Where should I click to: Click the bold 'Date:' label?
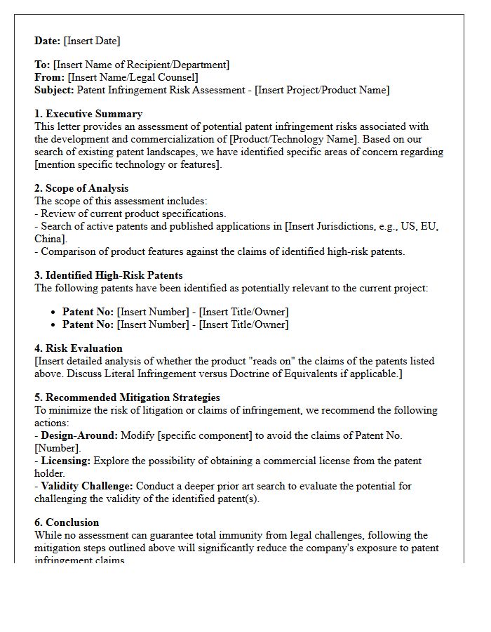point(48,41)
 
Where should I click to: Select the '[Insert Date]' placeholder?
point(92,41)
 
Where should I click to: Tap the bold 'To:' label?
point(42,65)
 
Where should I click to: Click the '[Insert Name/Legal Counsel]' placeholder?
point(133,77)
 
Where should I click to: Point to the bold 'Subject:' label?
point(54,90)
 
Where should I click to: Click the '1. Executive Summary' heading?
point(88,114)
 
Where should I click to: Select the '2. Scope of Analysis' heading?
point(81,188)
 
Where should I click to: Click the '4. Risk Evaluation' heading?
point(79,348)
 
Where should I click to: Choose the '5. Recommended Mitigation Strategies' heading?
point(127,397)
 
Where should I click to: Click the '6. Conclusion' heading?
point(67,522)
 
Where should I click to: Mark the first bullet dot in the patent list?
point(54,312)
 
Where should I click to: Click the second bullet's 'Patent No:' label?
point(88,324)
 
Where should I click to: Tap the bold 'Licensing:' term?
point(66,461)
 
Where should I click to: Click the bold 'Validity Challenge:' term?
point(87,486)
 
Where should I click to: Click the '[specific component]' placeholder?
point(205,435)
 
